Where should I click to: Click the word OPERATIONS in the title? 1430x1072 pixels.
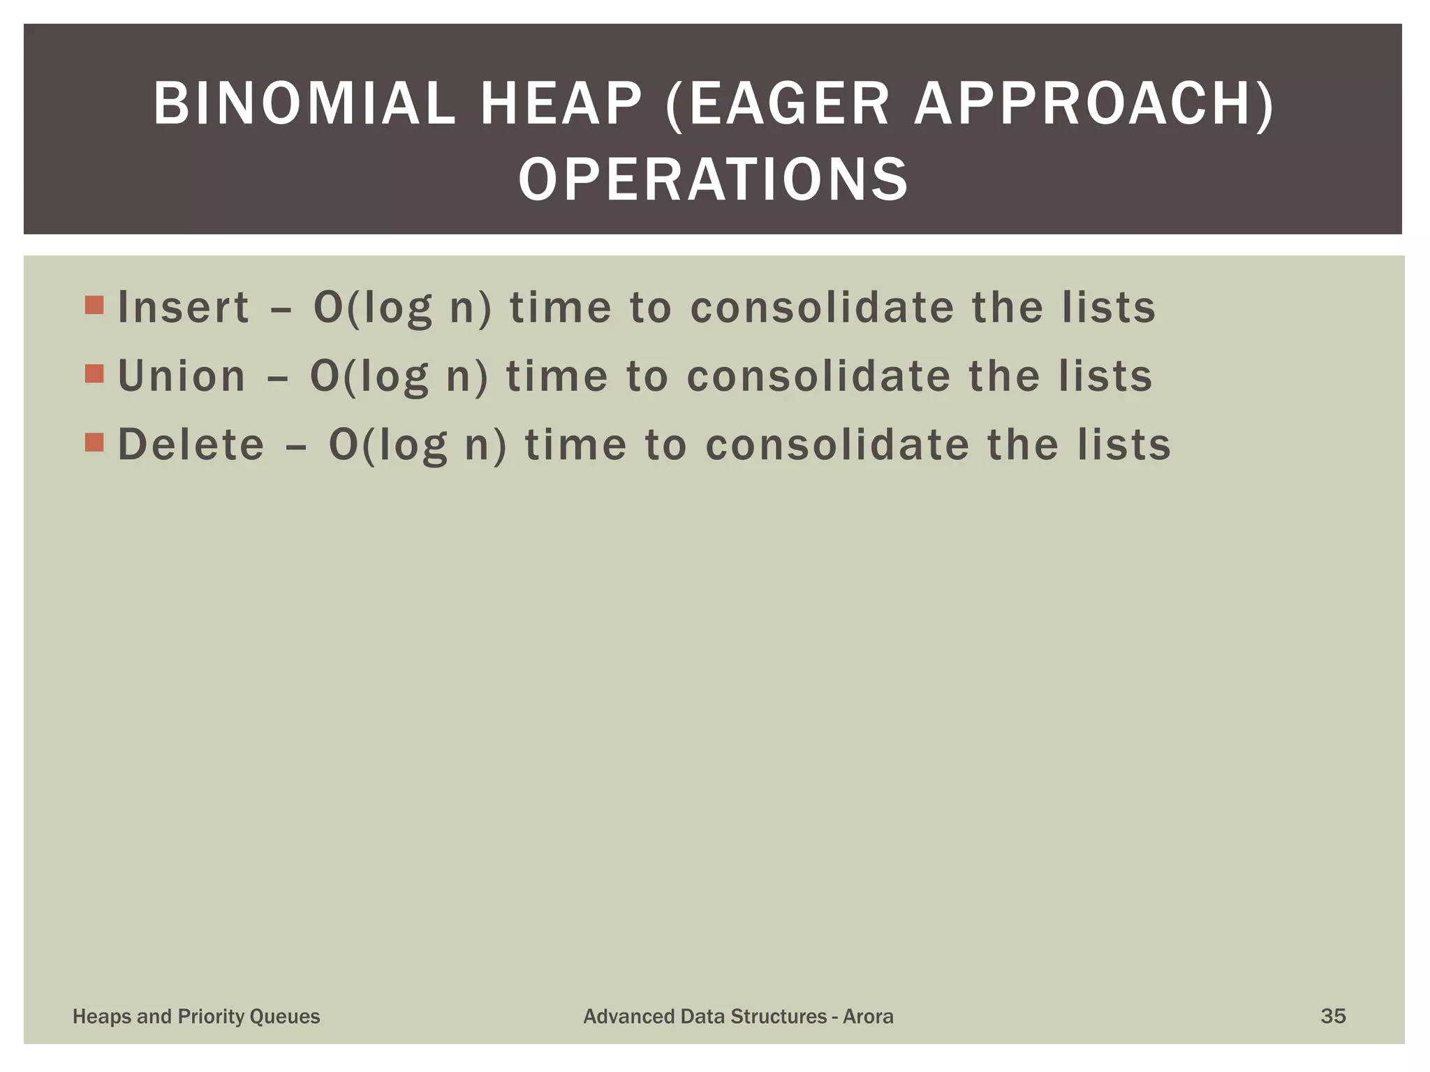tap(714, 179)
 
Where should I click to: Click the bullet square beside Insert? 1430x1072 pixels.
tap(94, 305)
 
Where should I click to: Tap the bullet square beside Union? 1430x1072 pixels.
tap(94, 374)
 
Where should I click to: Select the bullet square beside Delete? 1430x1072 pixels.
tap(94, 442)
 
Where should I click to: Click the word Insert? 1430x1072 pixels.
tap(183, 307)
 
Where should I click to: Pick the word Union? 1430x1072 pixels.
tap(182, 376)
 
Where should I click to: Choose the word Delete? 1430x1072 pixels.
tap(191, 445)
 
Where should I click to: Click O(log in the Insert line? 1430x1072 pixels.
tap(373, 308)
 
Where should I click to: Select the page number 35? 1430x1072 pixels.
tap(1333, 1015)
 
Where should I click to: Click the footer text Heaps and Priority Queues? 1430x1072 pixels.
tap(196, 1016)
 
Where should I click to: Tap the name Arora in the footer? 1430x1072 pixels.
tap(868, 1016)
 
